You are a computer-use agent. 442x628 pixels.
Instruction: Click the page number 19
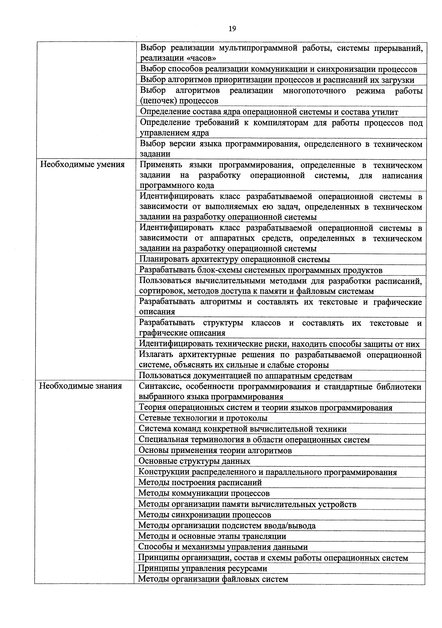point(232,29)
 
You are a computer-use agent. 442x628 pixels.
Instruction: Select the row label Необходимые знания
point(81,386)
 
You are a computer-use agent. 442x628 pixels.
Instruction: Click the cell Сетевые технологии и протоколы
point(203,418)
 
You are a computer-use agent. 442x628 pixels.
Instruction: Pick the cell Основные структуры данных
point(194,461)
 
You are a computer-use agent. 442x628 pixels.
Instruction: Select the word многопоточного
point(314,90)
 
